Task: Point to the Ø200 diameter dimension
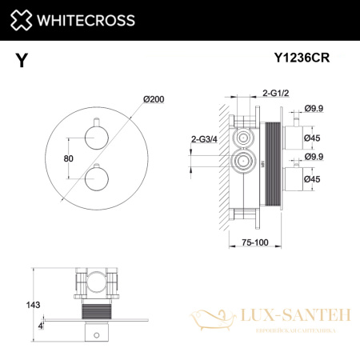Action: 154,98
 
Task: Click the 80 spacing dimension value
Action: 69,158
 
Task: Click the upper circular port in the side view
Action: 240,138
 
